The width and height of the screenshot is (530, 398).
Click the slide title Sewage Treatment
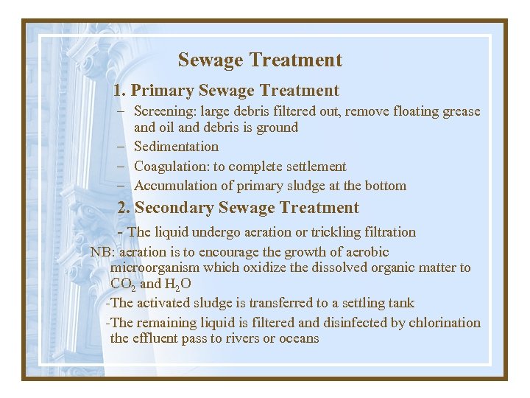coord(260,60)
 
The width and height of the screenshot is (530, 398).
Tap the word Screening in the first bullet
coord(163,112)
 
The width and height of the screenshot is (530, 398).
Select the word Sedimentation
coord(176,147)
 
